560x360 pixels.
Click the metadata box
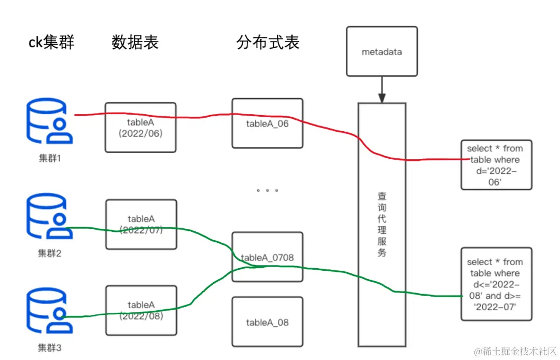coord(382,52)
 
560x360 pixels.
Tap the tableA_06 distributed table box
coord(267,123)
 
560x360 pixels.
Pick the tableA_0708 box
coord(267,257)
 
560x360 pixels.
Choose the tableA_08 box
coord(267,322)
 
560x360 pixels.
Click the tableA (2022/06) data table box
coord(141,127)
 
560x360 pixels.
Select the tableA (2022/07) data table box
coord(141,224)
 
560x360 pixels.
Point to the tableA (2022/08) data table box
coord(141,310)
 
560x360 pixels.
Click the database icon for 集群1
coord(50,122)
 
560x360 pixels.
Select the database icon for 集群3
coord(50,311)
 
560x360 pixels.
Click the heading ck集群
coord(51,41)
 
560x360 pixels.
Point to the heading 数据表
coord(135,42)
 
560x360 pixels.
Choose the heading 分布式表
coord(268,42)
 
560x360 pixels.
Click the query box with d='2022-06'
coord(496,164)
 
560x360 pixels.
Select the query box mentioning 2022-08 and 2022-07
coord(496,284)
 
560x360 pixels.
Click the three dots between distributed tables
coord(267,190)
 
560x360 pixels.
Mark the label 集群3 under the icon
coord(50,348)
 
